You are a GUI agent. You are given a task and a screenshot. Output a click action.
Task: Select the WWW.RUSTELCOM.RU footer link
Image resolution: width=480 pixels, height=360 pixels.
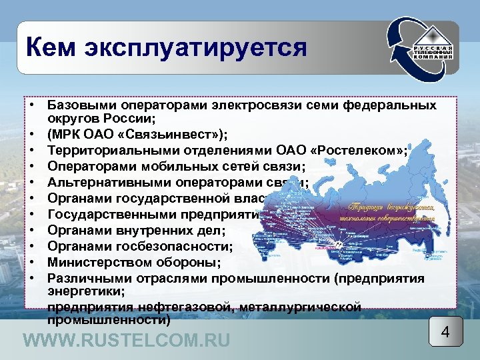[x=127, y=341]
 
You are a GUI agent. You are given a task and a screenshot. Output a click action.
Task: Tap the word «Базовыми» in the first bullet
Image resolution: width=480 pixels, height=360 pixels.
[x=77, y=106]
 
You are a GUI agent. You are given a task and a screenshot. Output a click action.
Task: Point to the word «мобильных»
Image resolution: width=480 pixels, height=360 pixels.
[x=171, y=167]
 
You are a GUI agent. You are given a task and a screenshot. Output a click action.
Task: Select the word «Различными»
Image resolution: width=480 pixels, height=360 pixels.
[x=84, y=278]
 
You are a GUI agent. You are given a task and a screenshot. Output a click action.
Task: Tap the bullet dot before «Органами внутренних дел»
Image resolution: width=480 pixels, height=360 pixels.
[x=31, y=231]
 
